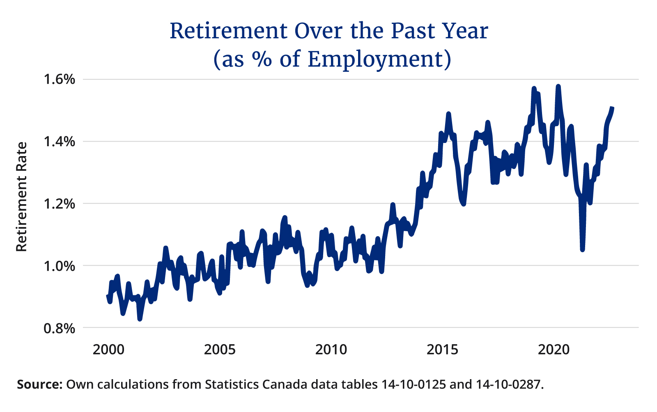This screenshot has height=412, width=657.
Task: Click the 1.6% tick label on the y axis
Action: pyautogui.click(x=60, y=79)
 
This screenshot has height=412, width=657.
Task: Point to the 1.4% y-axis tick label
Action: pyautogui.click(x=60, y=142)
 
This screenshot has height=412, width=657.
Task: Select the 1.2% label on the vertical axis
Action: pyautogui.click(x=60, y=204)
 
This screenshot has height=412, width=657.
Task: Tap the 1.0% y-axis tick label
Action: pyautogui.click(x=60, y=266)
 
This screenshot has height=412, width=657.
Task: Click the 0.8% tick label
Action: pyautogui.click(x=60, y=328)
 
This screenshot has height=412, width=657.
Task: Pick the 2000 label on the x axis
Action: pyautogui.click(x=108, y=350)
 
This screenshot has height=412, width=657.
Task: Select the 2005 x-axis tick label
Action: pyautogui.click(x=220, y=350)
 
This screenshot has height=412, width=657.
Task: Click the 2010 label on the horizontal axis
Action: pyautogui.click(x=331, y=350)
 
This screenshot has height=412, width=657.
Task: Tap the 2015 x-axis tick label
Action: pyautogui.click(x=442, y=350)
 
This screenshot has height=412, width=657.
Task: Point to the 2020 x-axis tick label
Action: pyautogui.click(x=554, y=350)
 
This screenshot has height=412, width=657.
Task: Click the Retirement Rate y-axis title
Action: pyautogui.click(x=21, y=197)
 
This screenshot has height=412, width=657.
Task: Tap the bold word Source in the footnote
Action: pyautogui.click(x=39, y=385)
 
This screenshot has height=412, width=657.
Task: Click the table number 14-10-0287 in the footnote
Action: pyautogui.click(x=509, y=385)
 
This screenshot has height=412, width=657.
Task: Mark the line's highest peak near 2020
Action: pyautogui.click(x=558, y=86)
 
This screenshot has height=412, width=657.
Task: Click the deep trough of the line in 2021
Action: pyautogui.click(x=582, y=249)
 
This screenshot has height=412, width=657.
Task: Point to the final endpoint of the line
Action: pyautogui.click(x=612, y=108)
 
